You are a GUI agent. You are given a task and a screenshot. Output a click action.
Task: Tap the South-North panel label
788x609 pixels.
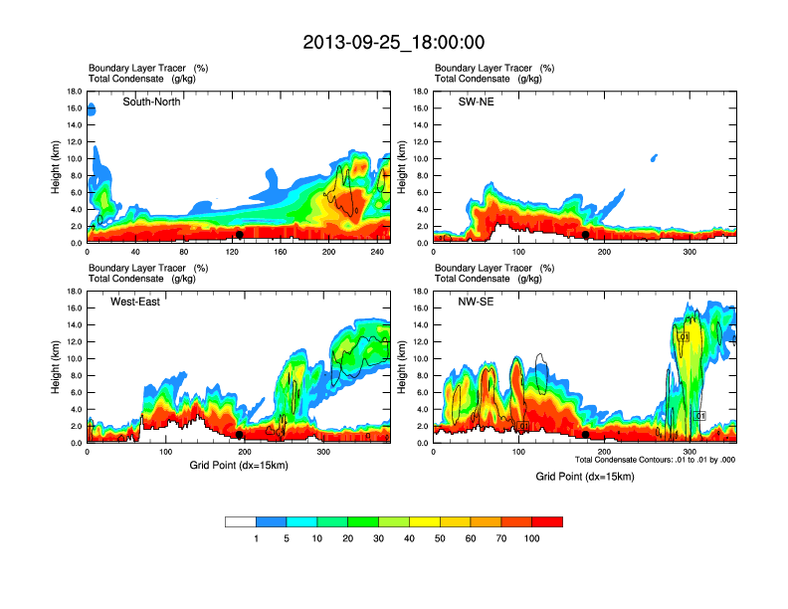tap(151, 101)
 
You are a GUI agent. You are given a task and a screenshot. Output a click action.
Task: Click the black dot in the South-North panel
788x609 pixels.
tap(240, 235)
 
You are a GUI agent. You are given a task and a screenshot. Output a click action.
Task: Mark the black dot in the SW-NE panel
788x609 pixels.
tap(586, 235)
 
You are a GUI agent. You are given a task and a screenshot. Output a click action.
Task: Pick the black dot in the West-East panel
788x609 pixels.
tap(240, 435)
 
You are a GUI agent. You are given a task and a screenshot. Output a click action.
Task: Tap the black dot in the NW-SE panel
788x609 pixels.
tap(586, 435)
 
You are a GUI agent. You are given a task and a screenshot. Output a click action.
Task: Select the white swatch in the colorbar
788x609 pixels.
tap(241, 520)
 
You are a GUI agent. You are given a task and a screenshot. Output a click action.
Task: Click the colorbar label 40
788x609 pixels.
tap(410, 538)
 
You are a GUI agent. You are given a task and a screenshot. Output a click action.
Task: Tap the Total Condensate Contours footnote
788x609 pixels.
tap(655, 459)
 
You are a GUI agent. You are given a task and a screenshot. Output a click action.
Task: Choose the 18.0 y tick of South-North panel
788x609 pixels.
tap(74, 92)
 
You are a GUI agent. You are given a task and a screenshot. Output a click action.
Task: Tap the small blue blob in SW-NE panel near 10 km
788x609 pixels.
tap(654, 157)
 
